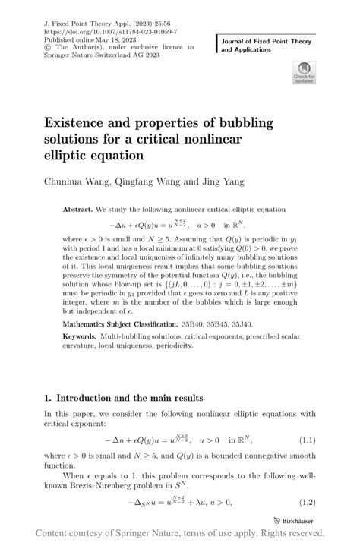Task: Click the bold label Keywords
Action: pos(81,335)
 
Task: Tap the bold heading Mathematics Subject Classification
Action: pos(126,322)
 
